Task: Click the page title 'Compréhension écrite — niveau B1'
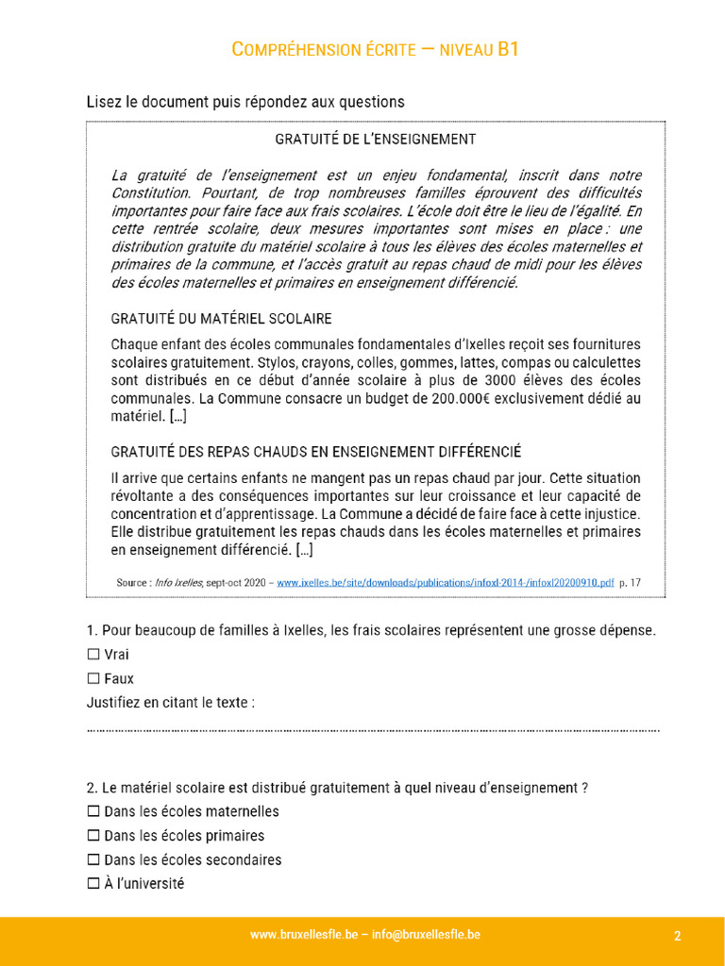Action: pyautogui.click(x=375, y=49)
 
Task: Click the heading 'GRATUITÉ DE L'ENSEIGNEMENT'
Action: pyautogui.click(x=375, y=139)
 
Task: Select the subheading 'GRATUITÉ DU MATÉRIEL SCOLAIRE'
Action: pyautogui.click(x=221, y=319)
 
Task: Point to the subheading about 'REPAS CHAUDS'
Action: pyautogui.click(x=315, y=452)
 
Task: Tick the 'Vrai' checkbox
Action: pyautogui.click(x=93, y=654)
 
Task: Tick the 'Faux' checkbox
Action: pyautogui.click(x=93, y=678)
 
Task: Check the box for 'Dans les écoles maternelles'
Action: pyautogui.click(x=93, y=811)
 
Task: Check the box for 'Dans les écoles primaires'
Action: pyautogui.click(x=93, y=836)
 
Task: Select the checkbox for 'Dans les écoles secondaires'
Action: pyautogui.click(x=93, y=860)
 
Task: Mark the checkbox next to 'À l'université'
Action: pyautogui.click(x=93, y=884)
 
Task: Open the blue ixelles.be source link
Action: pyautogui.click(x=445, y=583)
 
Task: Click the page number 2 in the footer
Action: pyautogui.click(x=678, y=936)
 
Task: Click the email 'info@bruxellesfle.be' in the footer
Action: pyautogui.click(x=428, y=935)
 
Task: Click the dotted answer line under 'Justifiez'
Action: pyautogui.click(x=373, y=729)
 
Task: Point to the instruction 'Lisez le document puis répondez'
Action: pyautogui.click(x=245, y=102)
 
